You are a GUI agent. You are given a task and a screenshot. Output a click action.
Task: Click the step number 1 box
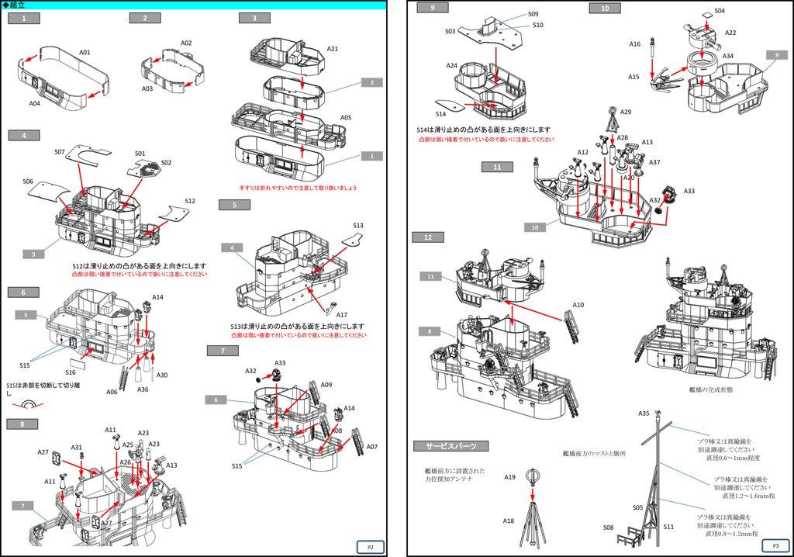24,18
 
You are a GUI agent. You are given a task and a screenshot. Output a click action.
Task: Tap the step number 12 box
428,237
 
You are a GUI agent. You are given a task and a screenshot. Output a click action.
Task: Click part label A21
332,49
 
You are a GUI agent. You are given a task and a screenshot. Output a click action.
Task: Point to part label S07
60,152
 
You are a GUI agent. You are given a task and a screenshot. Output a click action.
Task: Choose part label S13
357,226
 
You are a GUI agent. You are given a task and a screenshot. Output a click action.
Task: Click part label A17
341,315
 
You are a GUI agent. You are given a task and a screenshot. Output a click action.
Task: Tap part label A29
626,112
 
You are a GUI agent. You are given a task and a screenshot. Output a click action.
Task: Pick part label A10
578,305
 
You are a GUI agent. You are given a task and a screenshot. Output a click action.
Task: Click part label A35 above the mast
644,413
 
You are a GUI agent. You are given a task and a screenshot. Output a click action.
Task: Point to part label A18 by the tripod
509,521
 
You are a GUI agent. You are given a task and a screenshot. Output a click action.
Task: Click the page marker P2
371,547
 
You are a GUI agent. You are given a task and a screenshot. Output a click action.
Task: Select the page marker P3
775,545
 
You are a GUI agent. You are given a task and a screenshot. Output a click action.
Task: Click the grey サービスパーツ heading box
451,446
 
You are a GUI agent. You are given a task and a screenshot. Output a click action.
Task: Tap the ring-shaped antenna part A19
532,475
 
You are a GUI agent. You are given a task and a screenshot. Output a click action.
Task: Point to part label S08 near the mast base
608,528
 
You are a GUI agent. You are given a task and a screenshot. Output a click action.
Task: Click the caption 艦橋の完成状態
710,389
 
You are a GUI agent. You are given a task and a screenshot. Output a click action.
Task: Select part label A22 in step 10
730,33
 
